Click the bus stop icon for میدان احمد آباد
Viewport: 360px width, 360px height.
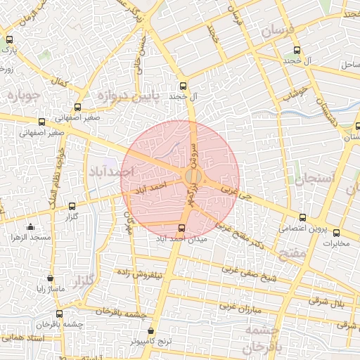(182, 227)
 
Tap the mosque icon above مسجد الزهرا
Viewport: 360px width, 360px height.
(30, 226)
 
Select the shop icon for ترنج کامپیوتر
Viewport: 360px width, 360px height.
(152, 329)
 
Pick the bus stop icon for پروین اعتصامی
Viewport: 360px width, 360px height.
(302, 217)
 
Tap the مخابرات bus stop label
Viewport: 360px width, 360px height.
(335, 243)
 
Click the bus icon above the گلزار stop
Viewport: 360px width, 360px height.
(72, 206)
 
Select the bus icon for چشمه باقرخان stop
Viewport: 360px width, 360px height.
(58, 313)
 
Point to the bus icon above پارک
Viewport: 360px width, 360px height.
(8, 39)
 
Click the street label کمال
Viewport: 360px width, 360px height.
(62, 83)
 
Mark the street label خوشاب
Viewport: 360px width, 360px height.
(295, 94)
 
